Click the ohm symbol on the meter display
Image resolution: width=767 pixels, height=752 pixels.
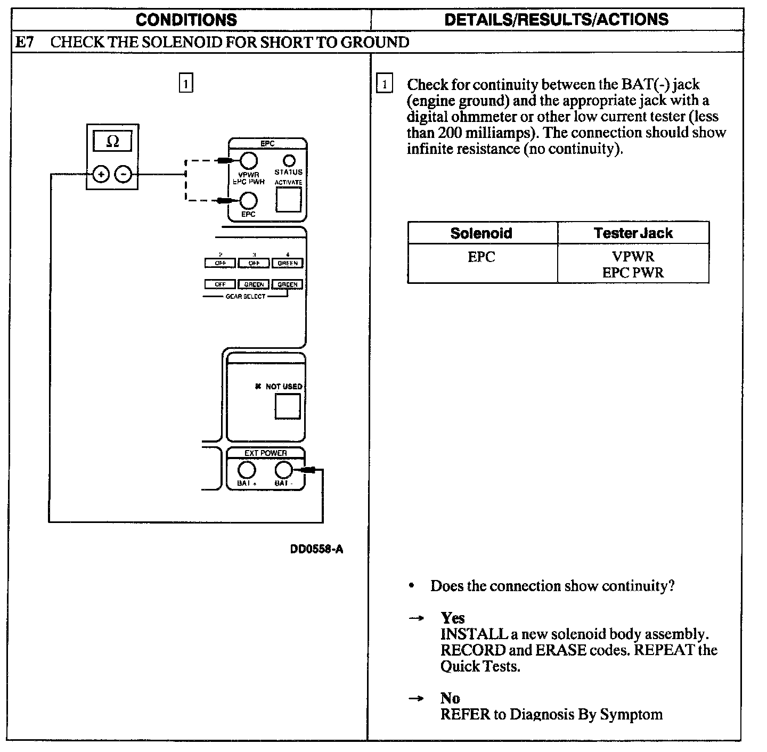(x=112, y=142)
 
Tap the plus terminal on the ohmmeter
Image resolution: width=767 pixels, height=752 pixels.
(x=101, y=174)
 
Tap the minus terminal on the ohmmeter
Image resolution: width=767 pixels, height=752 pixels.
(x=124, y=174)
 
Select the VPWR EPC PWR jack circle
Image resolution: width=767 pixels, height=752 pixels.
(x=248, y=160)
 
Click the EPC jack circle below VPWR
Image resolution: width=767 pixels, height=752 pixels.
(x=249, y=201)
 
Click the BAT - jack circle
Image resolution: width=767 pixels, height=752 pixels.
(x=283, y=470)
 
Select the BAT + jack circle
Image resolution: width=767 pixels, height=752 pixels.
(x=246, y=470)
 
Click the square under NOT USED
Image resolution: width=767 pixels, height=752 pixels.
(x=288, y=406)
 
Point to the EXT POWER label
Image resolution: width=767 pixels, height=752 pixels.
(x=266, y=453)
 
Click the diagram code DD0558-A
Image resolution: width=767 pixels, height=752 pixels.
(x=316, y=549)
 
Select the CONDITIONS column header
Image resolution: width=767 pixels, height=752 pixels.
(x=186, y=20)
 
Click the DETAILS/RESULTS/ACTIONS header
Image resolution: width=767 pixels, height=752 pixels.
(x=556, y=20)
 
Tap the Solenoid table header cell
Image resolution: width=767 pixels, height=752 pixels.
(x=481, y=233)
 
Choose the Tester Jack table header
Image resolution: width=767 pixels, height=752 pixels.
(x=633, y=233)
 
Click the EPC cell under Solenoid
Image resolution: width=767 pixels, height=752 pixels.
(x=481, y=257)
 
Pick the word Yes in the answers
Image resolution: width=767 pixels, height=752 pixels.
(x=453, y=618)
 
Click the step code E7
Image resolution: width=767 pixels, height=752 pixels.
(x=25, y=42)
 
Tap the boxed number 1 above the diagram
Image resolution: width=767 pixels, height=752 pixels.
(x=185, y=84)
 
